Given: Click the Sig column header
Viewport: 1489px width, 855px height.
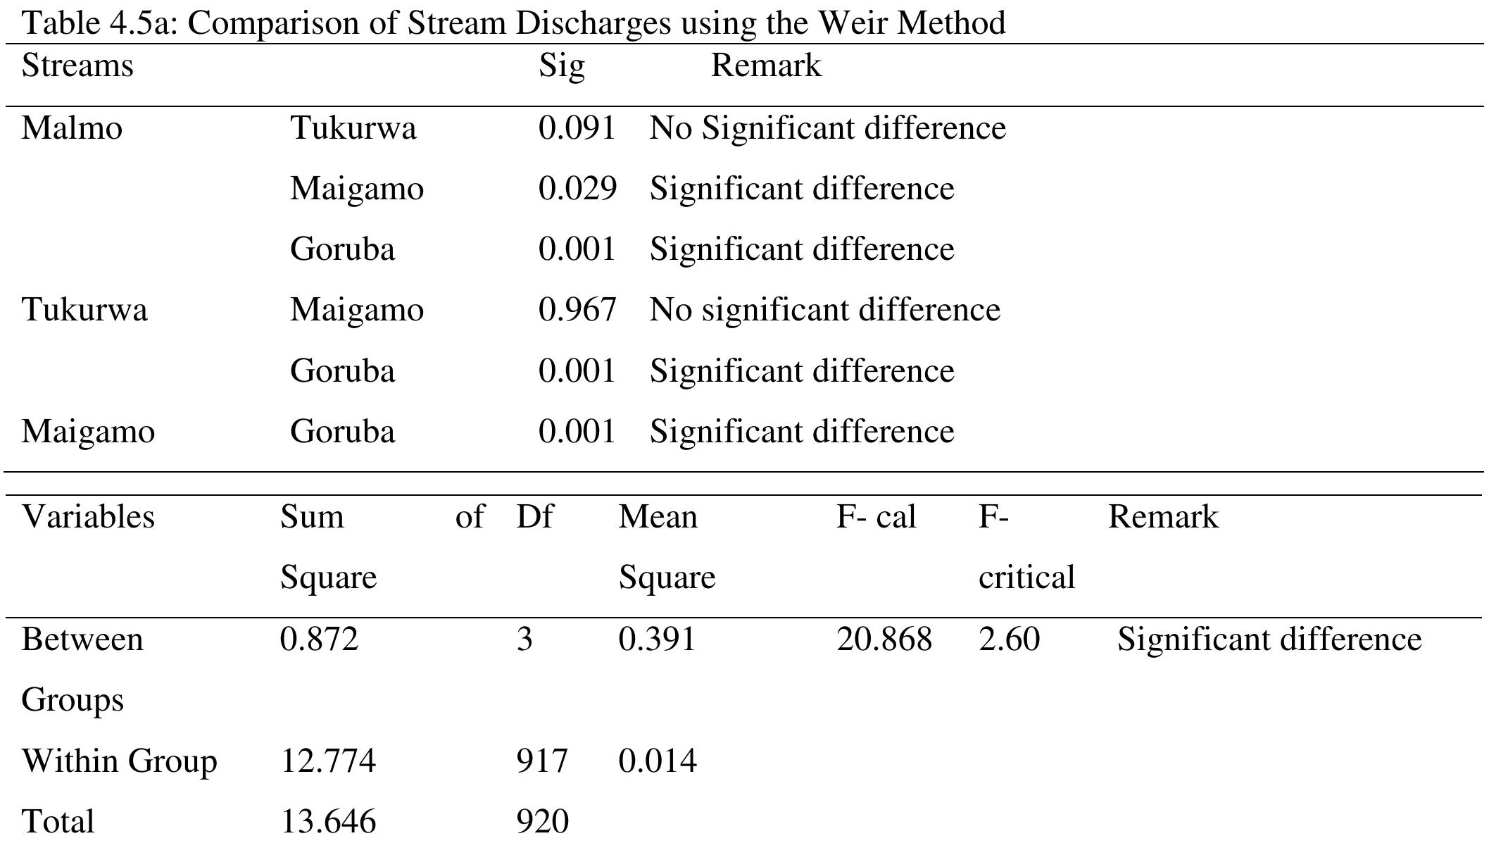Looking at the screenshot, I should pos(561,66).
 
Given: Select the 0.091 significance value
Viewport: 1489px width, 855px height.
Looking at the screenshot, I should pos(577,128).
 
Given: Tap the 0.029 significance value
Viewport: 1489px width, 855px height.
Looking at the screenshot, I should pos(577,189).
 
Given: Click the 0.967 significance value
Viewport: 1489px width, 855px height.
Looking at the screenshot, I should pos(577,310).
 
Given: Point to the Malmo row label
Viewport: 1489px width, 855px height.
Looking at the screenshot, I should pos(72,128).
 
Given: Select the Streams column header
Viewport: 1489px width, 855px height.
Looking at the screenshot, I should pos(77,65).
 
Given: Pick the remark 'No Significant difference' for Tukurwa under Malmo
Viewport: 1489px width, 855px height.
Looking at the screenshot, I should pos(827,128).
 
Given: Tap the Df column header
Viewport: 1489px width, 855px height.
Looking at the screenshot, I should pos(534,517).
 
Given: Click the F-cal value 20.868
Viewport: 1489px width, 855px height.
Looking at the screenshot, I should pos(884,639).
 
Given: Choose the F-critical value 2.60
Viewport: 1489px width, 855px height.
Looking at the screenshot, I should pos(1009,639).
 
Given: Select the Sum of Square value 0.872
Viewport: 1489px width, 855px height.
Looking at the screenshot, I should pos(319,639).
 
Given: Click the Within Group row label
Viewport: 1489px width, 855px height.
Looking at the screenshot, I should pos(119,761).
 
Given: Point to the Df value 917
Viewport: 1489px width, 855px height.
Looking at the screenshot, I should pos(541,761).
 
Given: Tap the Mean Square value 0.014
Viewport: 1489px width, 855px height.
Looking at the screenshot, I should pos(658,761).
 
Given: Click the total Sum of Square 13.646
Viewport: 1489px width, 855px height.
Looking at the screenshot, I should pos(328,822).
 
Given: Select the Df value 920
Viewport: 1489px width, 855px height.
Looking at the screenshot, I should pos(542,822).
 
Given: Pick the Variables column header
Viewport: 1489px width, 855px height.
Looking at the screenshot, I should pos(88,517).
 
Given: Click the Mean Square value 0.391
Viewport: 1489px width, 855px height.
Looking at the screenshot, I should pos(657,639).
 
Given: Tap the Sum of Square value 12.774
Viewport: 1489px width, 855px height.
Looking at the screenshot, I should pos(328,761).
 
